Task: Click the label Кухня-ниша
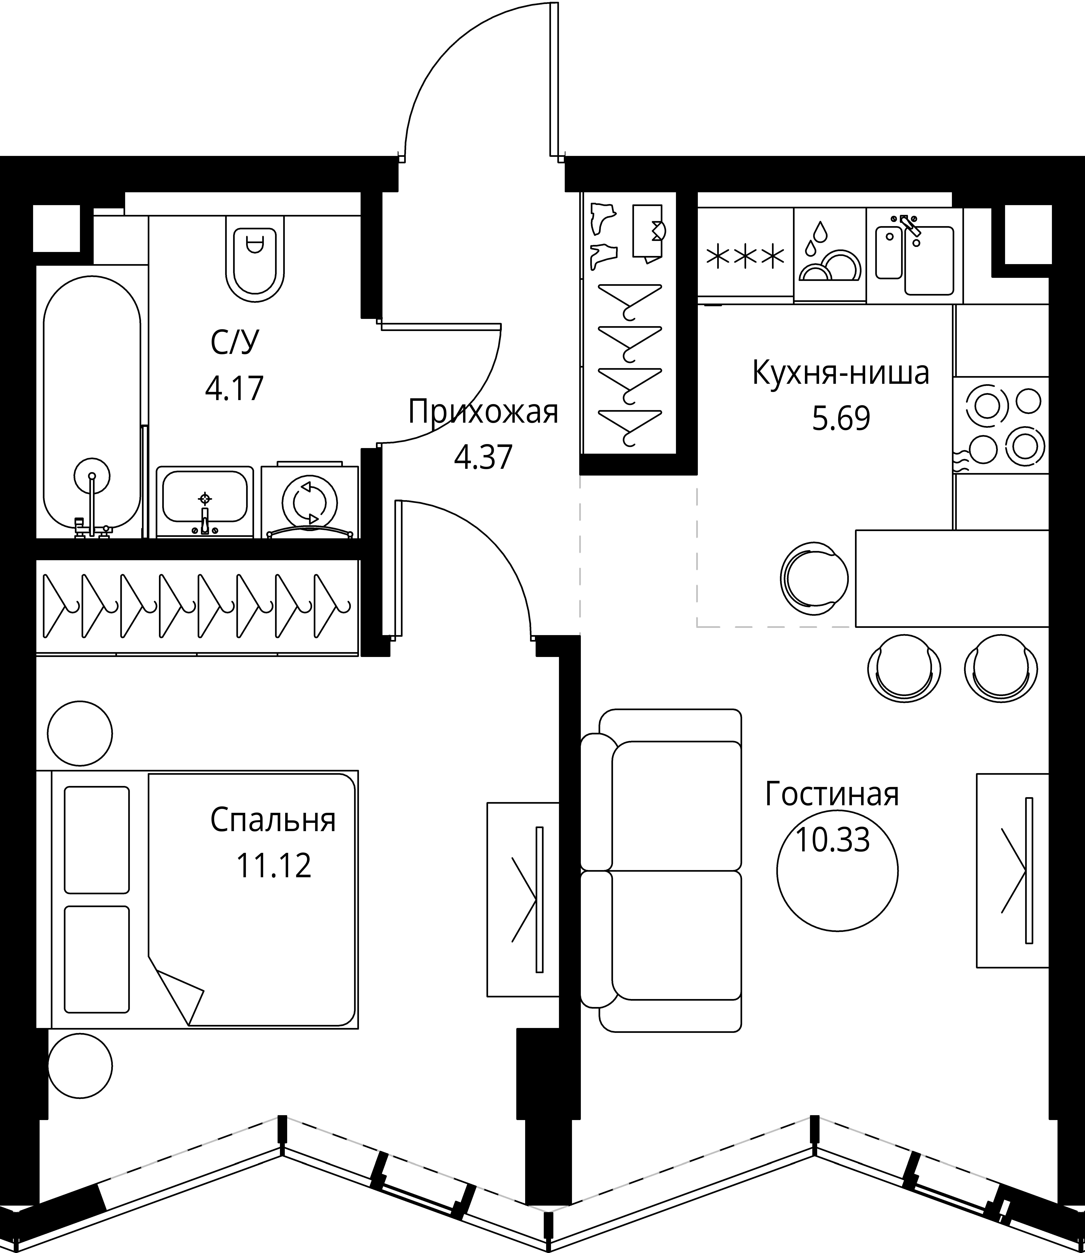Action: [840, 374]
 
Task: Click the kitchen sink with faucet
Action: [914, 254]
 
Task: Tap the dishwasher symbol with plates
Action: [829, 254]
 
